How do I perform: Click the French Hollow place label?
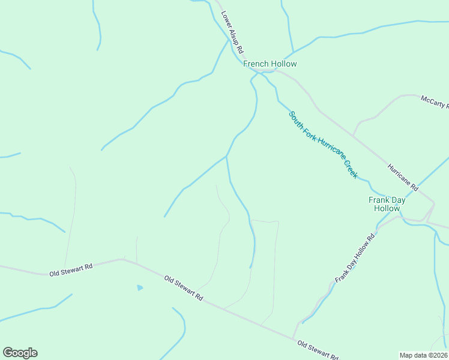pyautogui.click(x=270, y=64)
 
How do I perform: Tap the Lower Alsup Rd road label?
pyautogui.click(x=232, y=32)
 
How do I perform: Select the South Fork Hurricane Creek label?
pyautogui.click(x=323, y=145)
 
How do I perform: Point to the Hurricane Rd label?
pyautogui.click(x=402, y=178)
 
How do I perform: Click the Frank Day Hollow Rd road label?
pyautogui.click(x=355, y=258)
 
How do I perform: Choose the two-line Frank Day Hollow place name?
pyautogui.click(x=387, y=204)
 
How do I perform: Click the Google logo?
pyautogui.click(x=20, y=353)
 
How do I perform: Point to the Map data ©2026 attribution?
pyautogui.click(x=423, y=355)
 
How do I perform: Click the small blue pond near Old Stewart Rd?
pyautogui.click(x=140, y=288)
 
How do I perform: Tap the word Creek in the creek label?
pyautogui.click(x=351, y=169)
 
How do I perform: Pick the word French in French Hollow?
pyautogui.click(x=256, y=64)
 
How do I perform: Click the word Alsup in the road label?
pyautogui.click(x=234, y=36)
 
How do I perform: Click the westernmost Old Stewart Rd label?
pyautogui.click(x=71, y=269)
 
